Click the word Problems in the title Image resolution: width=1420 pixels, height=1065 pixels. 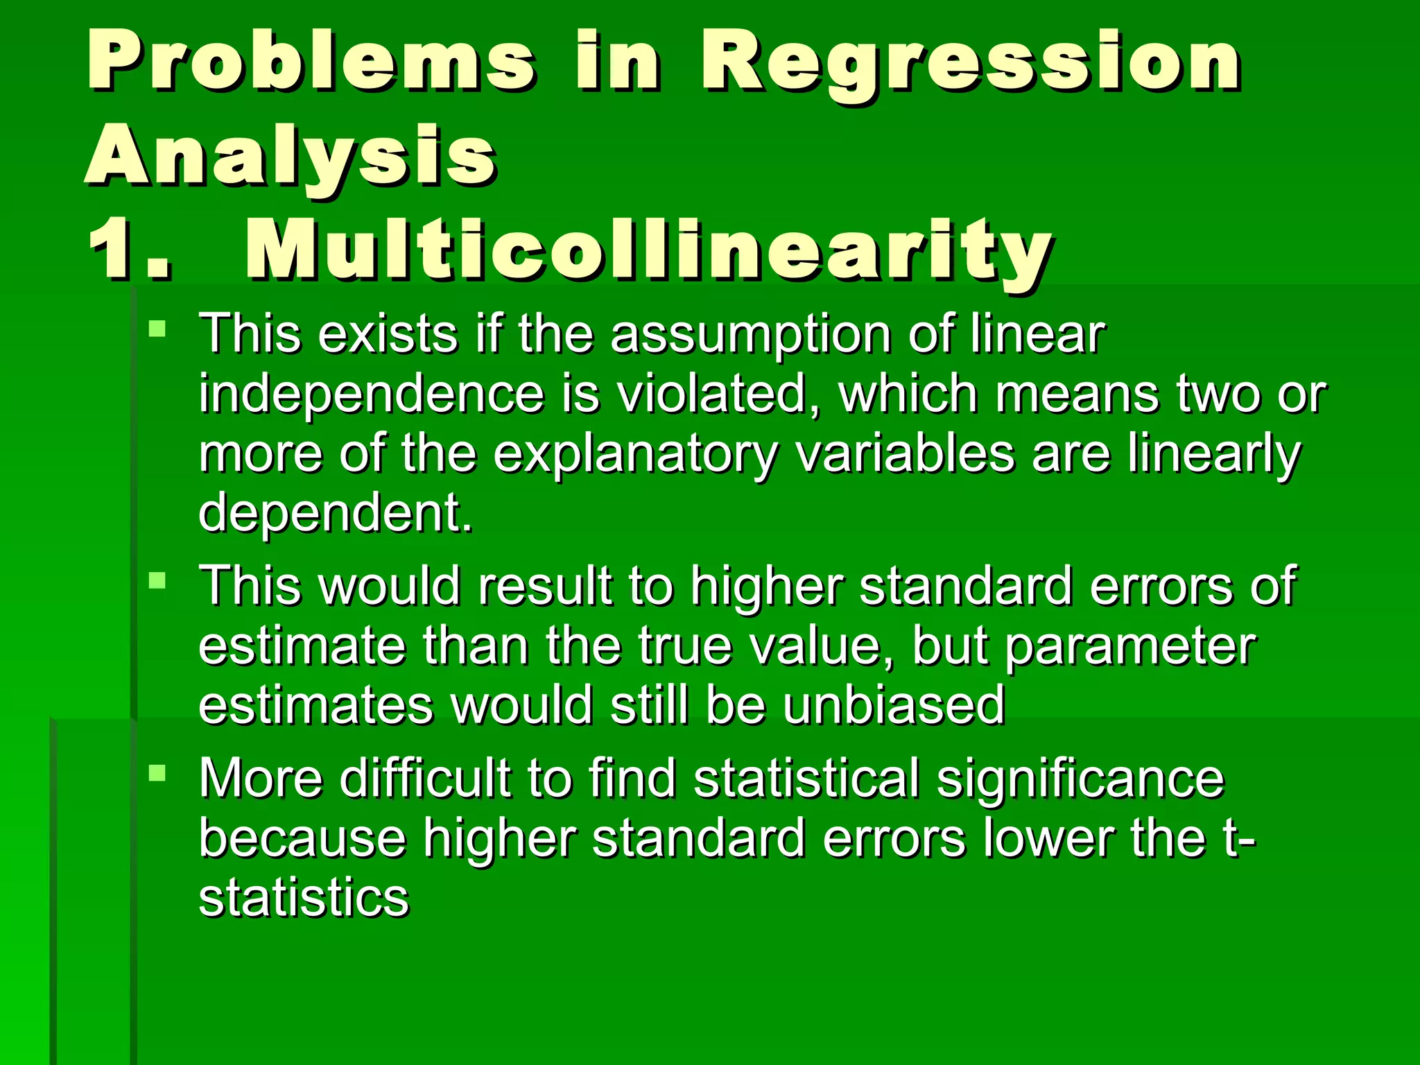(x=311, y=62)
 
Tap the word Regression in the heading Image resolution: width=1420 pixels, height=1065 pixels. (x=971, y=62)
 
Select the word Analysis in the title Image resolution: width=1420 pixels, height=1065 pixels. (x=291, y=156)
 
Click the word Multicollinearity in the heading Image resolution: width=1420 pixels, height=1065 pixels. (x=648, y=250)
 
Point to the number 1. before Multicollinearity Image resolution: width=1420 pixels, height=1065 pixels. (x=128, y=250)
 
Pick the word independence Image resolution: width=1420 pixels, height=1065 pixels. (x=371, y=394)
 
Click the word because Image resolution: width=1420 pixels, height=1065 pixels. (x=302, y=838)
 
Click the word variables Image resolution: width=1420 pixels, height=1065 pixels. (x=905, y=453)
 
